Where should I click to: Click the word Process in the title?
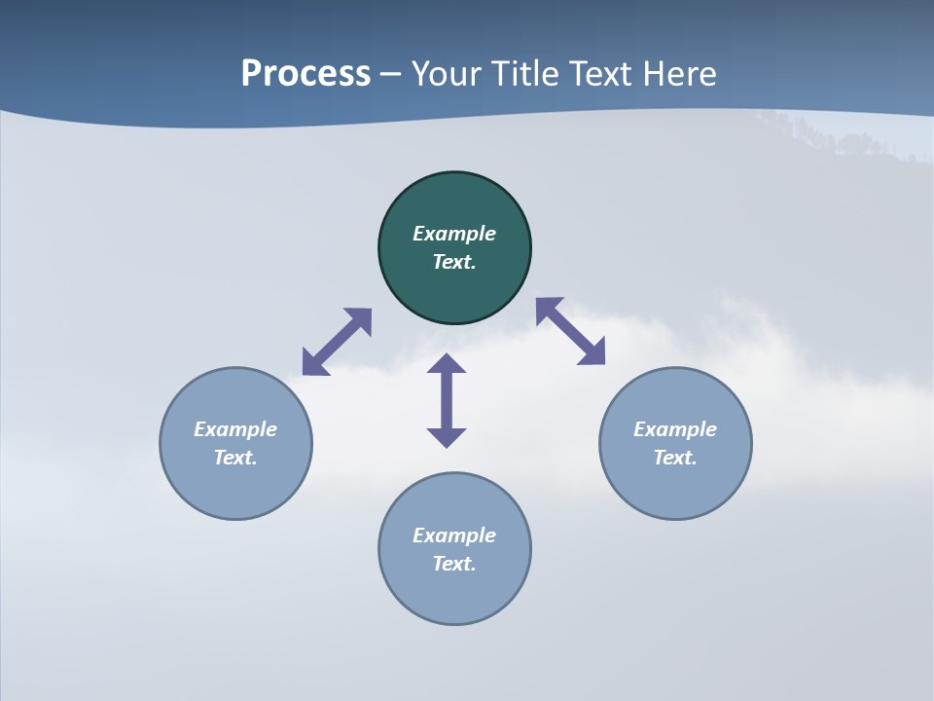pos(305,74)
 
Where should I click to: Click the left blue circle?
pos(235,487)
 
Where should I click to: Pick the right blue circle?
pos(675,487)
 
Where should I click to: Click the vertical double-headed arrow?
pos(447,400)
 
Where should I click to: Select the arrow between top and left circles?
pos(337,342)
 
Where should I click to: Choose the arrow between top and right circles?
pos(571,331)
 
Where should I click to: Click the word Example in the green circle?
pos(454,234)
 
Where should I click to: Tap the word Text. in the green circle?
pos(454,262)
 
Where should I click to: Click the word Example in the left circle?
pos(235,429)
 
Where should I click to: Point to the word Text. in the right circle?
pos(675,458)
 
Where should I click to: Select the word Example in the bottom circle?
pos(454,535)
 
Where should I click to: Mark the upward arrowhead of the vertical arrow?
pos(447,364)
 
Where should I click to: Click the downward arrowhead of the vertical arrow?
pos(447,437)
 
